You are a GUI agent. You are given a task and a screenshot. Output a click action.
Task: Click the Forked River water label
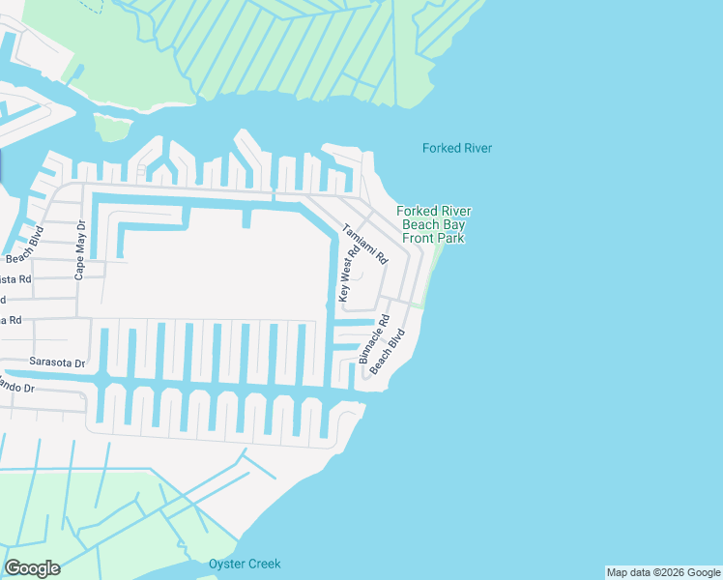457,148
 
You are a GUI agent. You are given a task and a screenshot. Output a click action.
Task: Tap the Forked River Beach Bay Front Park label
434,224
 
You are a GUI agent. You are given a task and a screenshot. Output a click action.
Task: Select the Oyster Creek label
245,564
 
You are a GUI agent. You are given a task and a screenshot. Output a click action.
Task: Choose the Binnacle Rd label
374,338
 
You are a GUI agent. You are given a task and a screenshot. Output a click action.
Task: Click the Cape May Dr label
80,249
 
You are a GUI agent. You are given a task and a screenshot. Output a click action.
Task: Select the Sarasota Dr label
57,364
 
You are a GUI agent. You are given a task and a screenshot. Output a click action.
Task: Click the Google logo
32,567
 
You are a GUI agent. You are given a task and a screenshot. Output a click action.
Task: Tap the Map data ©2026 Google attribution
663,572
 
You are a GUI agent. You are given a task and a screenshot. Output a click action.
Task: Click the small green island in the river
113,126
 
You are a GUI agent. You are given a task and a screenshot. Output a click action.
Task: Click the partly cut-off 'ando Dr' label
17,387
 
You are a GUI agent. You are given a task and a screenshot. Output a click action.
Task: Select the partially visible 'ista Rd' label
15,278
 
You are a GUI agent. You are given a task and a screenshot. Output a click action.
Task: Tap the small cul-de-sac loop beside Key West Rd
356,275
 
